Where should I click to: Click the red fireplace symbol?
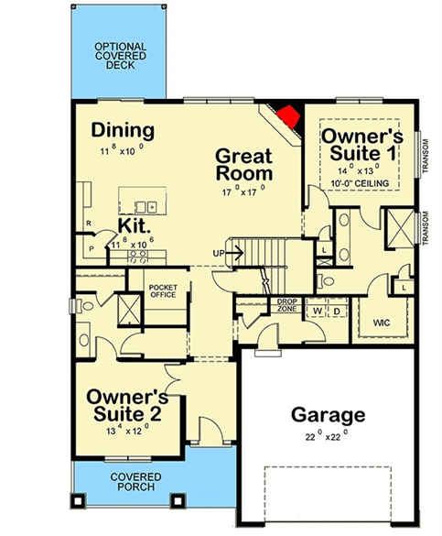289,116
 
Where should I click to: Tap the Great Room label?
244,164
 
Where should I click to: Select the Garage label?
328,415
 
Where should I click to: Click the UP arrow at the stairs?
234,253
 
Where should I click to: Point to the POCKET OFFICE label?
163,290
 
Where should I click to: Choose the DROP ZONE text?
286,305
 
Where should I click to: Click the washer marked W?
318,312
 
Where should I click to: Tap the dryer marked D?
337,312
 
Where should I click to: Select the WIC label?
382,323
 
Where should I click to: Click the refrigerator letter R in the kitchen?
89,224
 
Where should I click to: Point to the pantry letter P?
92,248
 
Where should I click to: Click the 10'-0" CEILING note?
360,183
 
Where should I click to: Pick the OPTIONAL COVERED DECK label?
121,56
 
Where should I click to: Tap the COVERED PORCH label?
135,482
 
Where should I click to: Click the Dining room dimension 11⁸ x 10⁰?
122,150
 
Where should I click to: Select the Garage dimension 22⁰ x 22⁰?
327,436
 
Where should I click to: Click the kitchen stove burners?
138,257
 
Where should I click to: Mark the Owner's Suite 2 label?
127,405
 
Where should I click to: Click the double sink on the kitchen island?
146,207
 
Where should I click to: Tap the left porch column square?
78,500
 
